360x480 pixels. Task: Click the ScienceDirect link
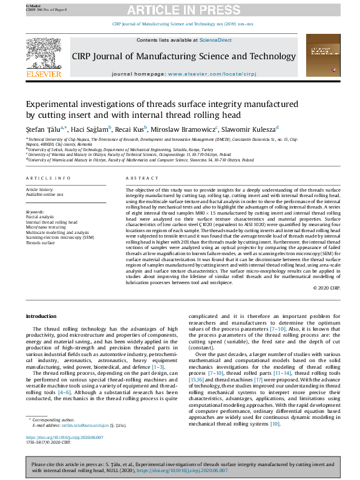215,40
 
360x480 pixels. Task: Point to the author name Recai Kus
132,129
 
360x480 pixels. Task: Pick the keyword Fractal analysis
39,216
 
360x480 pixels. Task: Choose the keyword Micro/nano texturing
44,225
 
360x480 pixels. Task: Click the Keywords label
35,212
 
